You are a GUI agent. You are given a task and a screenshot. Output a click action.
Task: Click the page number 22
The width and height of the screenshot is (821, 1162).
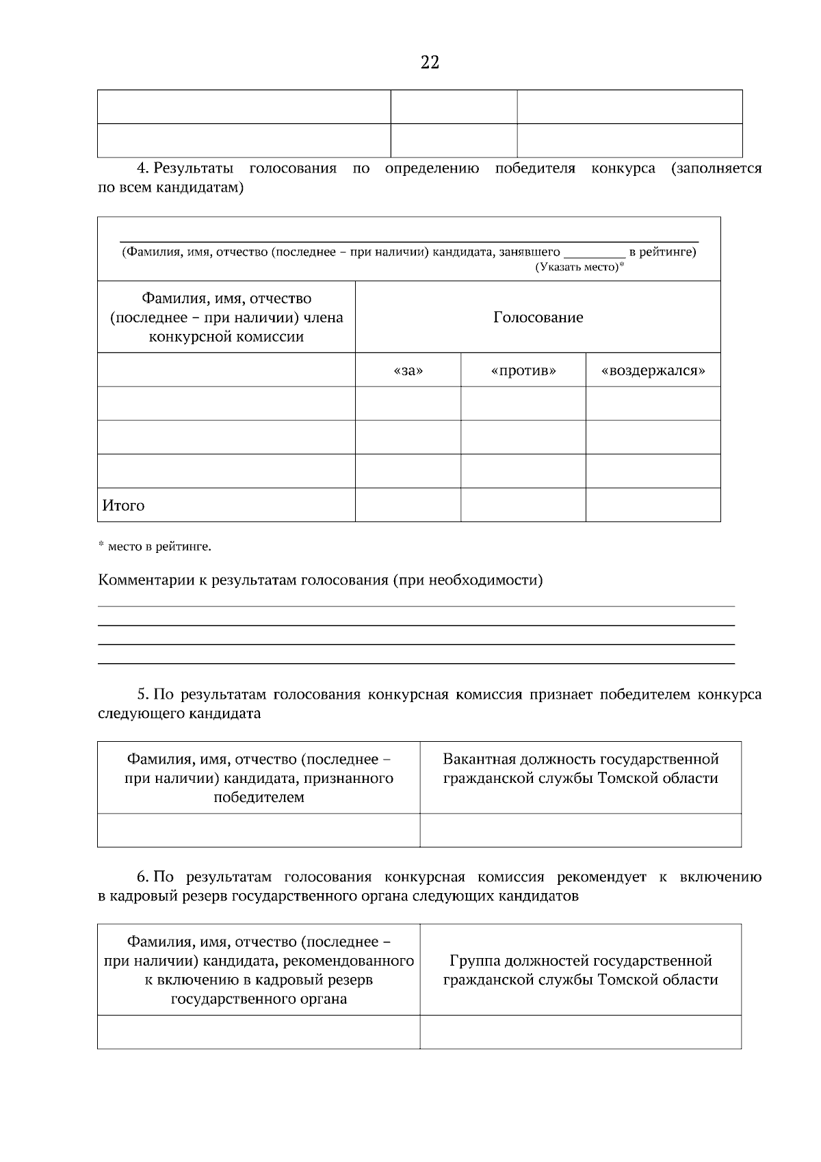coord(430,63)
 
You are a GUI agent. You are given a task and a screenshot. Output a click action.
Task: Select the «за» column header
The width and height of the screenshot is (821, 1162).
coord(408,371)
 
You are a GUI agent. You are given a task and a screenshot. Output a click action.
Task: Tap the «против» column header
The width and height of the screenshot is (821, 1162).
coord(523,371)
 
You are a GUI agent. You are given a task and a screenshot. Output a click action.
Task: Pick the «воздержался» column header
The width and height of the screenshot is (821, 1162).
coord(653,371)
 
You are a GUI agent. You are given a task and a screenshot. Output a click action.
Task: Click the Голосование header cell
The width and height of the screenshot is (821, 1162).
coord(538,318)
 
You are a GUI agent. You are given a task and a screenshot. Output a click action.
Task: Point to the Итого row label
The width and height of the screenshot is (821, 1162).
coord(124,506)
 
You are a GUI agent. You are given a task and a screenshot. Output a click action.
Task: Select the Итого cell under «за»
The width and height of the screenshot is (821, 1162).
coord(408,505)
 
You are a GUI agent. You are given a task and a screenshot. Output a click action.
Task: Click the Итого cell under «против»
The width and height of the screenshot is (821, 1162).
coord(523,505)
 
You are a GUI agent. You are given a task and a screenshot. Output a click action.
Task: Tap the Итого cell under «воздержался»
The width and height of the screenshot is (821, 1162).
coord(653,505)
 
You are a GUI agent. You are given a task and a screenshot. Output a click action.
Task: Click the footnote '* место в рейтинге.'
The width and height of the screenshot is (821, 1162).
coord(155,547)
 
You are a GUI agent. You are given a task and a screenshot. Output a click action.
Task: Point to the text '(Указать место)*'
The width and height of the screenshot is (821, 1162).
coord(579,267)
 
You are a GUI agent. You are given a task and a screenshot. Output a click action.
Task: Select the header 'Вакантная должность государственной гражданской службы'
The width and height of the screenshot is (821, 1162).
coord(580,769)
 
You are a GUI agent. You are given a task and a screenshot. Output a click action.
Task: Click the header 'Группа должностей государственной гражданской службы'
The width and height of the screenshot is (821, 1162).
coord(580,970)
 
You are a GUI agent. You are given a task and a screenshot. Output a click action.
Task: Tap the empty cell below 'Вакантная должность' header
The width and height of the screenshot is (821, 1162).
coord(580,830)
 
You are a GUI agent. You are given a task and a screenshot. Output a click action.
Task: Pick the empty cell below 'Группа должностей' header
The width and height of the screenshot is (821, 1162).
coord(580,1032)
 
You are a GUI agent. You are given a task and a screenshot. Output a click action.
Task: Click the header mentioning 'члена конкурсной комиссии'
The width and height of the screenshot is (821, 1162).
coord(226,318)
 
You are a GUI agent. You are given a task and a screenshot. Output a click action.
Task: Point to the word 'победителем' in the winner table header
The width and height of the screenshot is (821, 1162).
coord(259,797)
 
